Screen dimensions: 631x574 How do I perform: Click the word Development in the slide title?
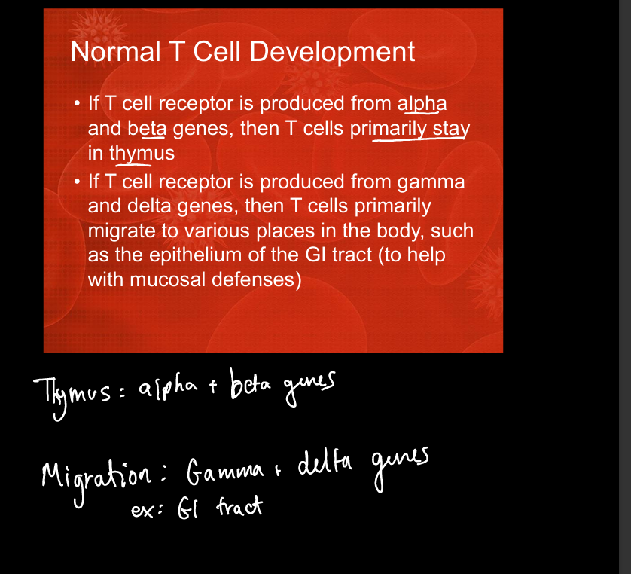pos(332,52)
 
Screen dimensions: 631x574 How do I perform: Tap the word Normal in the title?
pos(115,51)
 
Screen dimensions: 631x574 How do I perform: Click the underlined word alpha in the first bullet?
pos(422,104)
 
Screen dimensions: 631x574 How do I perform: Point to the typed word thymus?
pos(142,154)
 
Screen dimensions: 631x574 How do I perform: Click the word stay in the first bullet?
pos(451,129)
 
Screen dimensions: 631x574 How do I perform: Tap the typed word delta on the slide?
pos(150,206)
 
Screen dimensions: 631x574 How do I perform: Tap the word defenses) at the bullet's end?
pos(256,279)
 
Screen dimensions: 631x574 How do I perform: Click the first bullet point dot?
pos(78,103)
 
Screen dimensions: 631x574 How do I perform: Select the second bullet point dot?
pos(78,182)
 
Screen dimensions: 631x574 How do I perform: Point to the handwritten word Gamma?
pos(225,472)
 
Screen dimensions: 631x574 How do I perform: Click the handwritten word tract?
pos(239,506)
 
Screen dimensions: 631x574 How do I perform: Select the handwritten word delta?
pos(325,463)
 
